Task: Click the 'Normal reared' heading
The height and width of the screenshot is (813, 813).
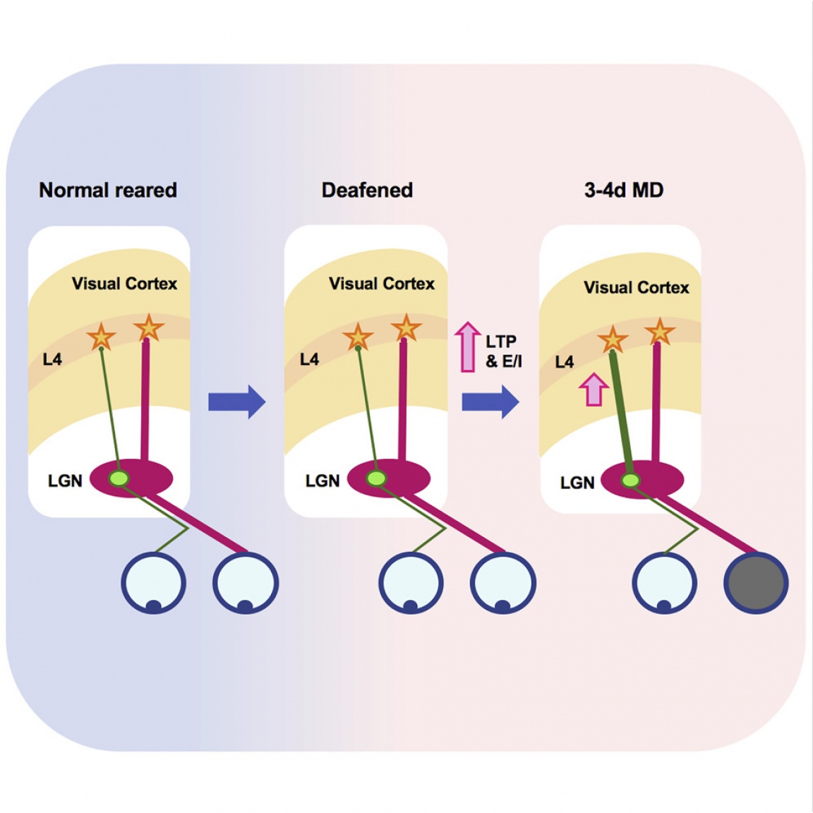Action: [108, 190]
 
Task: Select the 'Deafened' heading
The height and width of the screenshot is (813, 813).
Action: [367, 190]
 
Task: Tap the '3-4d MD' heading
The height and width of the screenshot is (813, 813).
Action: [624, 190]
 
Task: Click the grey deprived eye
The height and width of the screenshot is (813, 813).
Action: [756, 583]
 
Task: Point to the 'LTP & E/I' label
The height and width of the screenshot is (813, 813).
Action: [503, 351]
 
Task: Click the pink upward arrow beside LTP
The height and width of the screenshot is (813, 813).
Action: [467, 347]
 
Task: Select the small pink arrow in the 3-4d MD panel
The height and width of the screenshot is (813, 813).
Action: [594, 390]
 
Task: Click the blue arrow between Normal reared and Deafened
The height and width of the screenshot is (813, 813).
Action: [237, 402]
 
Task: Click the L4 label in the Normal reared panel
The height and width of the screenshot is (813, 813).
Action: [52, 359]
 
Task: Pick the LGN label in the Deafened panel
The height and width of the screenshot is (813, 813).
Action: [323, 481]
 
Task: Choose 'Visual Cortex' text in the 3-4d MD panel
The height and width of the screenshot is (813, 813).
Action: [636, 287]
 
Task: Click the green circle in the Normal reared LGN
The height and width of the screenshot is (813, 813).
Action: [119, 478]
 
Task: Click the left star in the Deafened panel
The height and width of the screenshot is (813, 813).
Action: [358, 337]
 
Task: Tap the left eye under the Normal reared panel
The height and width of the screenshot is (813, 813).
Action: [153, 583]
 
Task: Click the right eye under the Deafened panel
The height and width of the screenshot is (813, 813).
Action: [503, 583]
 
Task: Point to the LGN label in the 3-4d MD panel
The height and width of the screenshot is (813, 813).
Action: [577, 483]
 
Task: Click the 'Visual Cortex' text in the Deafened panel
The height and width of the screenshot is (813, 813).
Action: [381, 284]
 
